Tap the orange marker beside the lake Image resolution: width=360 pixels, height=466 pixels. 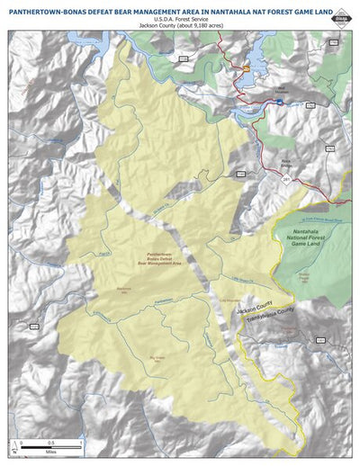243,67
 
